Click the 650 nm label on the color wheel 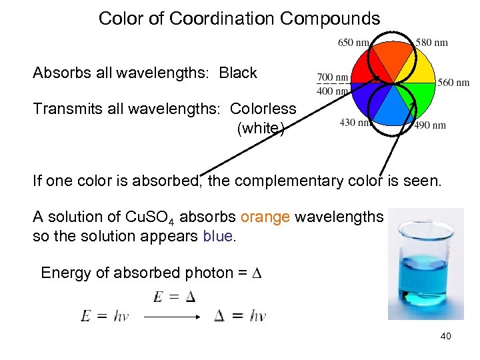(353, 43)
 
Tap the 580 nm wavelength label (431, 43)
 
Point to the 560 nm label (453, 83)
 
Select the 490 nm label (430, 125)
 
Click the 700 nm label (333, 77)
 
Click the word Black (238, 73)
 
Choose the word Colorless (263, 109)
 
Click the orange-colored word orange (265, 217)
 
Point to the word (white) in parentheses (261, 128)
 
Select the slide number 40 (445, 336)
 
